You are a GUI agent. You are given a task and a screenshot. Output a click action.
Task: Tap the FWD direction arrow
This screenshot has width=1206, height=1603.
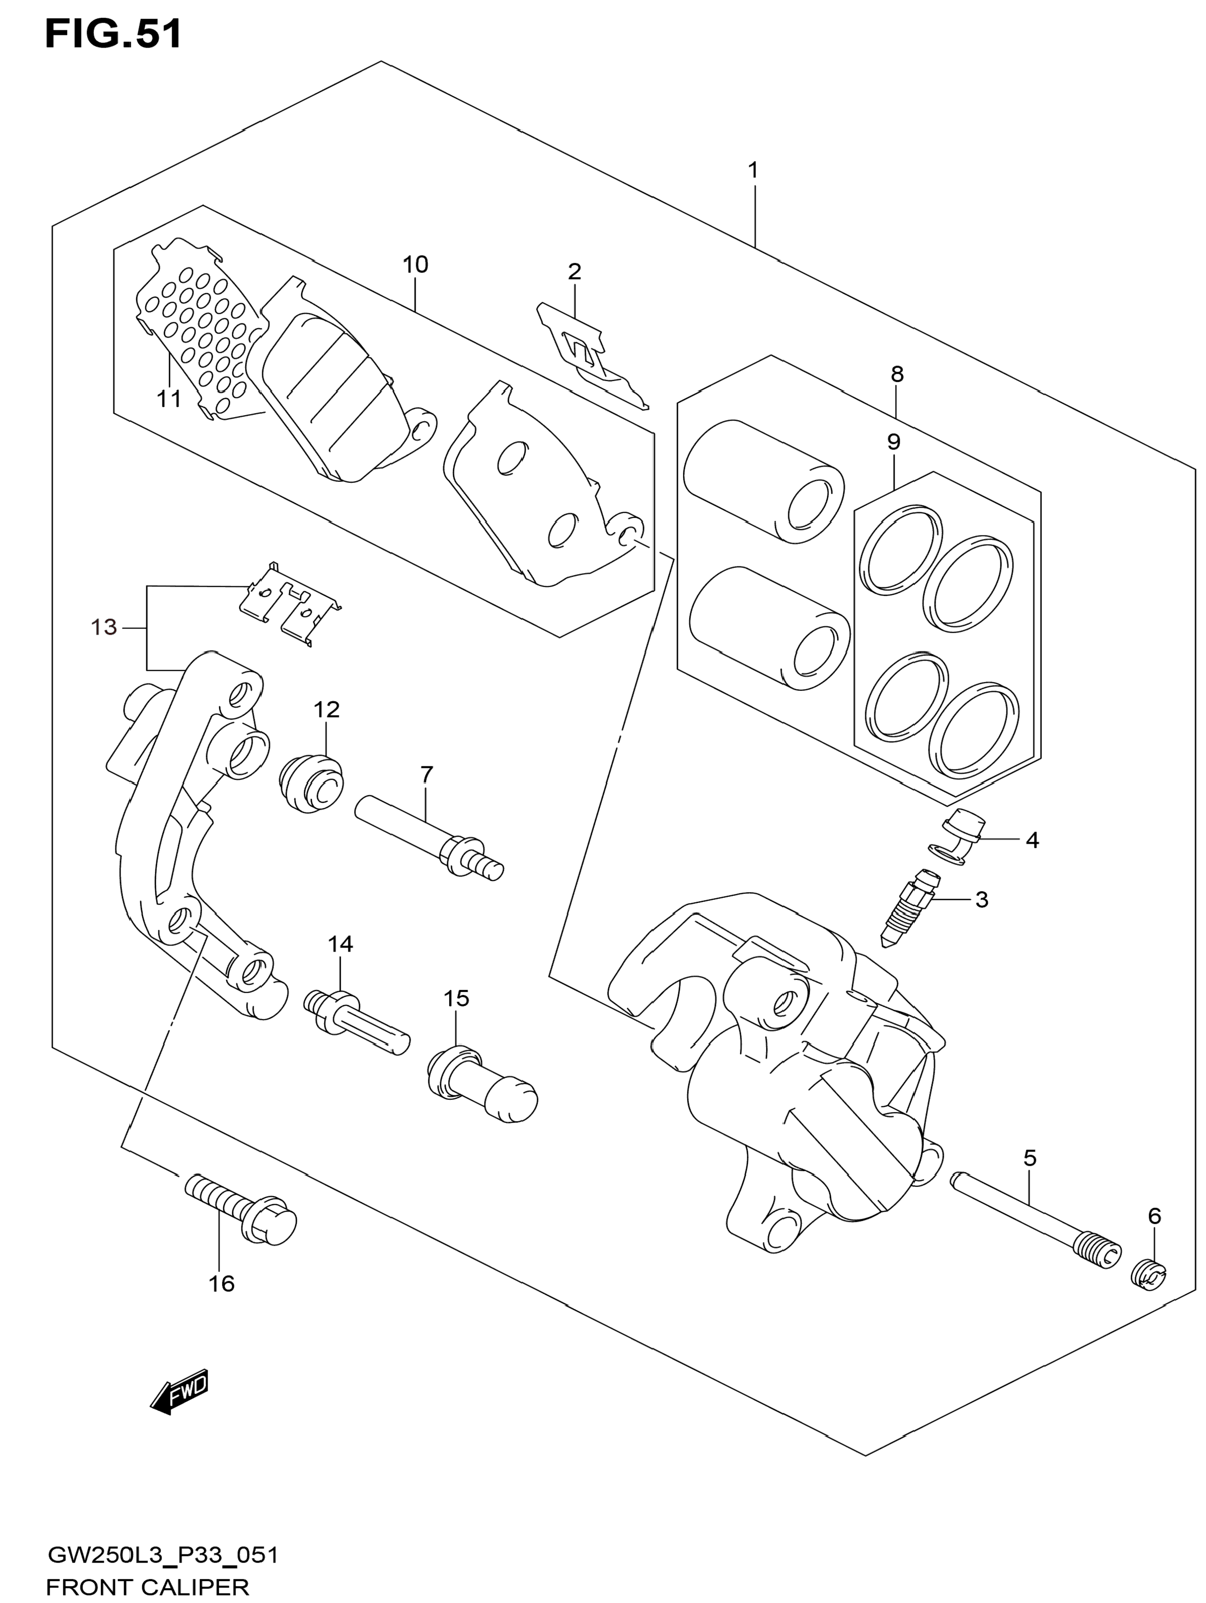[x=180, y=1391]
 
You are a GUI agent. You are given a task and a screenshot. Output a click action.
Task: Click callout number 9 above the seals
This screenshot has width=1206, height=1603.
[x=894, y=441]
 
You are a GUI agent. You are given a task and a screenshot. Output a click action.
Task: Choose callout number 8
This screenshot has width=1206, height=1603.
[x=897, y=374]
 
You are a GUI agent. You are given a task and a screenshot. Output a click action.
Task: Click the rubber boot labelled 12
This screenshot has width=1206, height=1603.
[x=311, y=784]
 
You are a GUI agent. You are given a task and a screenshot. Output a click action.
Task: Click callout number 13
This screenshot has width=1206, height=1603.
[x=104, y=627]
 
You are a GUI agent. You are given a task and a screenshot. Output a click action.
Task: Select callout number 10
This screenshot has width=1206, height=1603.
[x=415, y=265]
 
